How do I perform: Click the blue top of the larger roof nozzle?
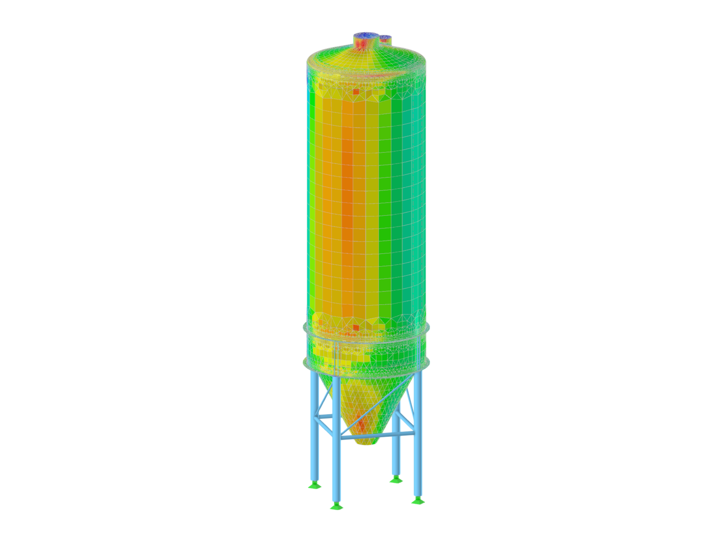click(x=365, y=35)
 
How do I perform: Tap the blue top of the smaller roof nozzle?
click(x=385, y=37)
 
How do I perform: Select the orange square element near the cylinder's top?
click(x=356, y=91)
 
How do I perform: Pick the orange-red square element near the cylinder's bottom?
click(x=356, y=327)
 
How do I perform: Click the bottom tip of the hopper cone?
click(x=366, y=443)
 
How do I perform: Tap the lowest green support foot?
click(x=337, y=506)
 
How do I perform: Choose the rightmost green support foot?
click(x=417, y=500)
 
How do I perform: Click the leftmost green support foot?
click(x=314, y=486)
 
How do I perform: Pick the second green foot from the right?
click(x=395, y=479)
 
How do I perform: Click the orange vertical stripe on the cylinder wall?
click(x=348, y=204)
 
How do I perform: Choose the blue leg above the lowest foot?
click(x=337, y=454)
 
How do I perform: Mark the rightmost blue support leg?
click(x=418, y=445)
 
